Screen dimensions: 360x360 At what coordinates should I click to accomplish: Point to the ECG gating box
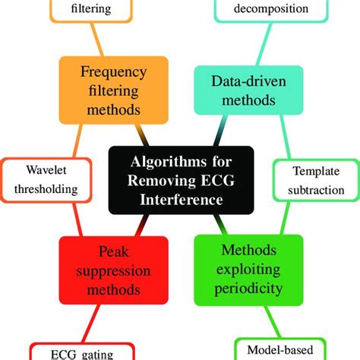tap(82, 351)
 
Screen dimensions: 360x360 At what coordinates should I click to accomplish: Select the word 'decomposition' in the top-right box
tap(271, 9)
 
